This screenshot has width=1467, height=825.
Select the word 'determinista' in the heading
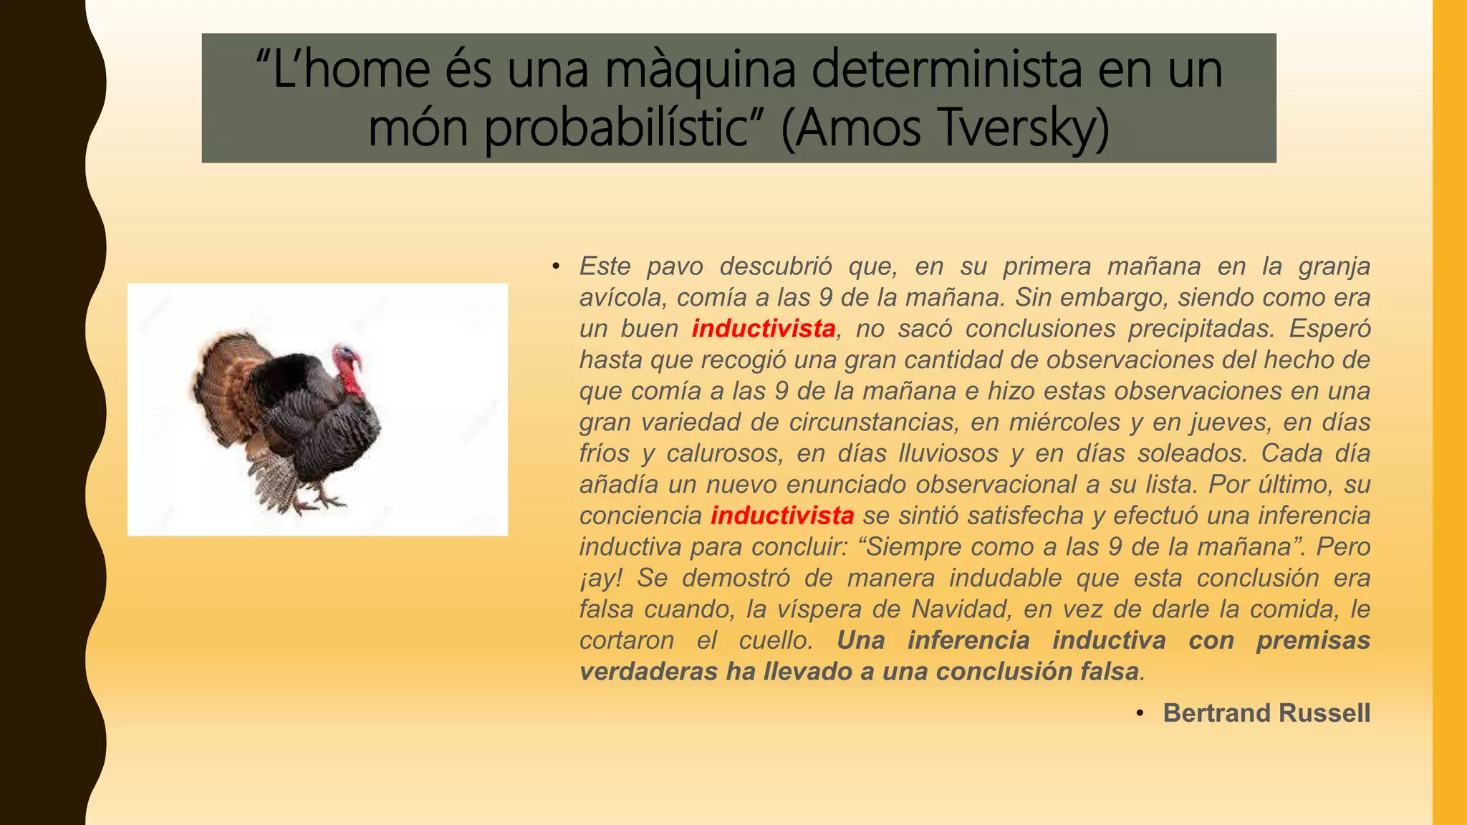click(946, 70)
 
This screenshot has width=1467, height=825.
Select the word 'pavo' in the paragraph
click(675, 266)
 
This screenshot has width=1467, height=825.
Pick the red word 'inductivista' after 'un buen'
click(764, 329)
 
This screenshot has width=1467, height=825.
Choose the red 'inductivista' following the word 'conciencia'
click(782, 516)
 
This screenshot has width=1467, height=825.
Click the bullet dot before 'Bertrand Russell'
click(1140, 713)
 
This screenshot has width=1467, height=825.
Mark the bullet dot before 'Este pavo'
click(555, 266)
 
